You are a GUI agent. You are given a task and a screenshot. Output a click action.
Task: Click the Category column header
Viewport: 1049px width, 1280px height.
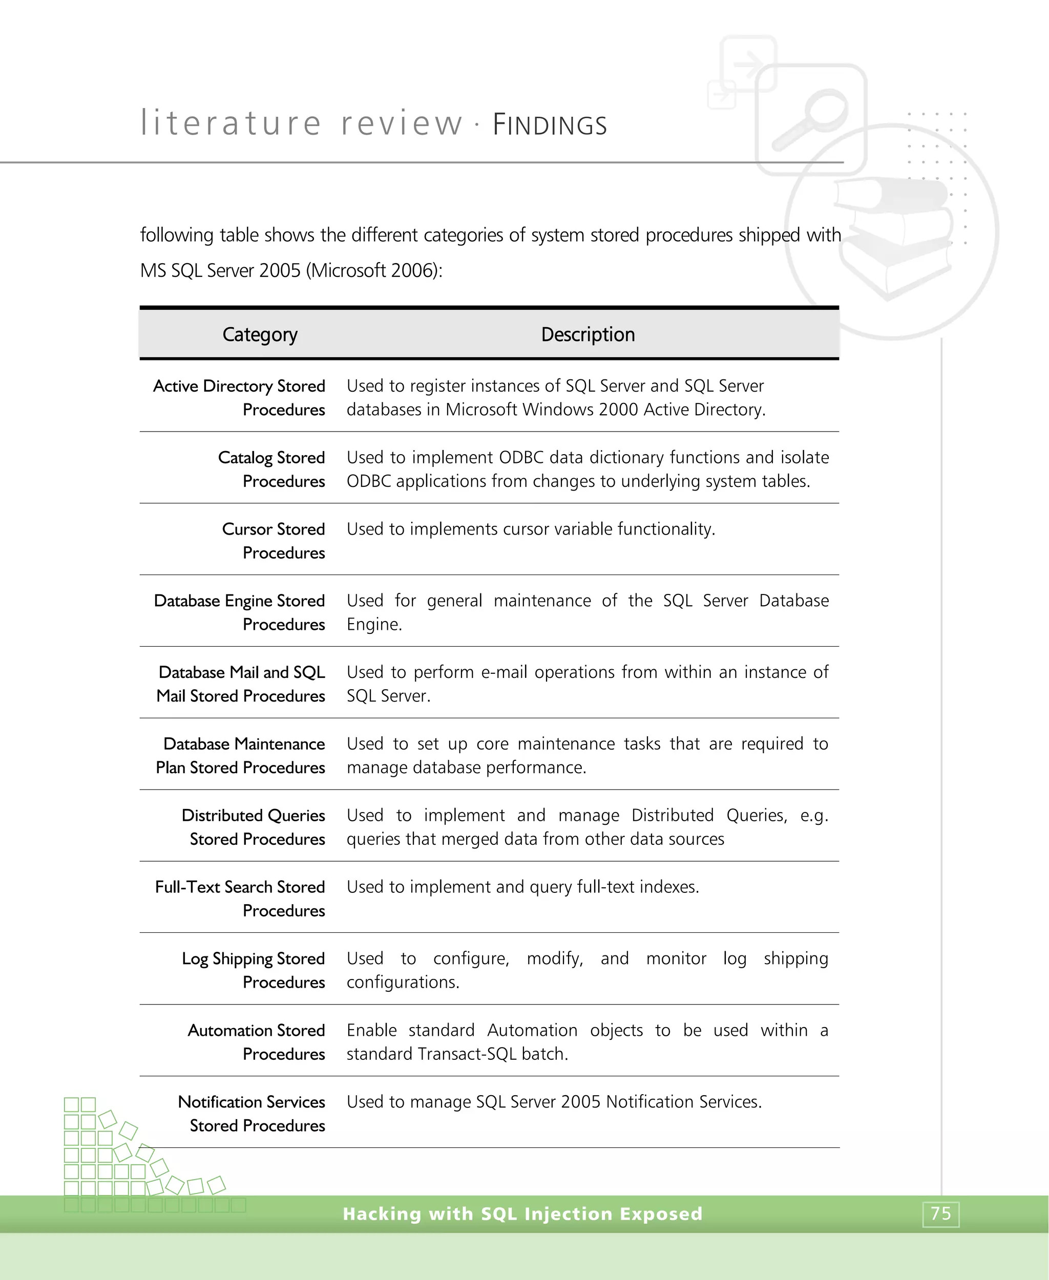tap(260, 334)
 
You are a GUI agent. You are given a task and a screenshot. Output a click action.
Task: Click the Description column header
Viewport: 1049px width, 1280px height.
tap(588, 334)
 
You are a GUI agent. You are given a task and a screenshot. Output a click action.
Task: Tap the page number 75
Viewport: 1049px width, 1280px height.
tap(940, 1213)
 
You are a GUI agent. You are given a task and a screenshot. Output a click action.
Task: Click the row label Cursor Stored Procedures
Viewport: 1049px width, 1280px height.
tap(273, 541)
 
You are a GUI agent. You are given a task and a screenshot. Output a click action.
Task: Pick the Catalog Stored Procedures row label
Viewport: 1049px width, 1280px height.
tap(271, 469)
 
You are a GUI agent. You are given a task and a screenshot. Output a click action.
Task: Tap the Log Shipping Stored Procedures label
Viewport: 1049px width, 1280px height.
tap(253, 970)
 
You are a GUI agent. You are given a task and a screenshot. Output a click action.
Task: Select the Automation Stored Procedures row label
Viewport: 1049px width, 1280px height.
tap(256, 1041)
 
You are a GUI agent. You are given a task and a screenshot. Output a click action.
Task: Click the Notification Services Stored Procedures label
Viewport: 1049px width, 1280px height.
tap(251, 1113)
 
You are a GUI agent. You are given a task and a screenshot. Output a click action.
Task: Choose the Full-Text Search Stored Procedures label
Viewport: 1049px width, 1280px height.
tap(240, 898)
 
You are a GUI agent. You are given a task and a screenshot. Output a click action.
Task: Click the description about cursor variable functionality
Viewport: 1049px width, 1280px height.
tap(531, 529)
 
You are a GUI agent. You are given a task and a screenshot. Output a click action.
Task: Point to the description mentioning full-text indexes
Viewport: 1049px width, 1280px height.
tap(522, 887)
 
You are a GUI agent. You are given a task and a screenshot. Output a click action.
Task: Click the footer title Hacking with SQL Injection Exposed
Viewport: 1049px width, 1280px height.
tap(522, 1213)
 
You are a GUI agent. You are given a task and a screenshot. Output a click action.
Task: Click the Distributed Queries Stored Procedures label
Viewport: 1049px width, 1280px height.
tap(253, 827)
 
